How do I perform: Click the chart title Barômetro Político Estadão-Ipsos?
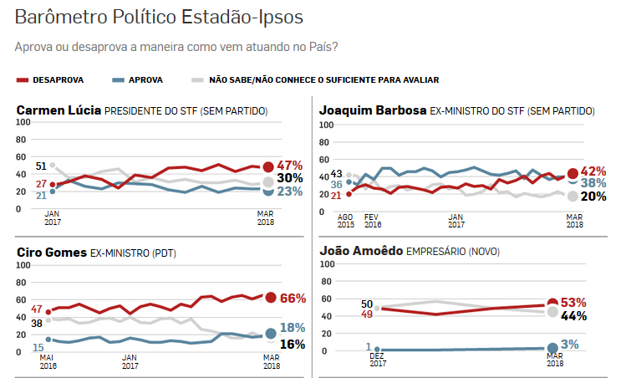[160, 16]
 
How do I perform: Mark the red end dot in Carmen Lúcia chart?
[268, 166]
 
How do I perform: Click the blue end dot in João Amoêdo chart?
[552, 348]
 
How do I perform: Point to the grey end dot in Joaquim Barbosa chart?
[573, 197]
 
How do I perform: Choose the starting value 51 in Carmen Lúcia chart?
[41, 166]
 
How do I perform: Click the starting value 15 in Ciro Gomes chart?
[39, 345]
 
